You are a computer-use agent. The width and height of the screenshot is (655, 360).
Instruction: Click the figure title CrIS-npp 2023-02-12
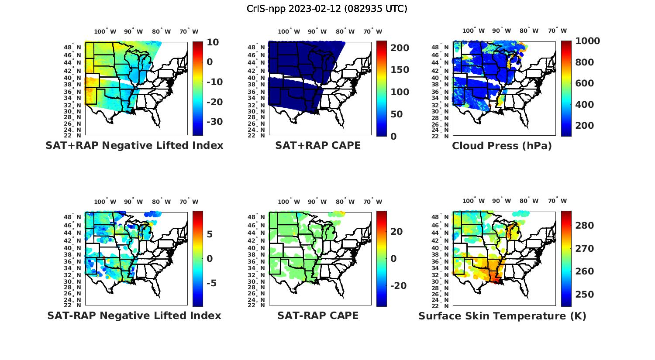click(x=327, y=9)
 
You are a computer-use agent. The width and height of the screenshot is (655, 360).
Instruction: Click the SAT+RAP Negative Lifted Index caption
click(x=134, y=145)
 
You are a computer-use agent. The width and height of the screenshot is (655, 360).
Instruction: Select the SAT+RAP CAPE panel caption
click(x=318, y=145)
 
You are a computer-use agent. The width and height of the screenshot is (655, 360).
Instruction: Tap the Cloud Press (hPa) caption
click(x=502, y=146)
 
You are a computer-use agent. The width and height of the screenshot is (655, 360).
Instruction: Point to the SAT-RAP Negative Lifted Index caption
click(x=134, y=315)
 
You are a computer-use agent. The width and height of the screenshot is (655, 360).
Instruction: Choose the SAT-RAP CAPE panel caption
click(x=318, y=315)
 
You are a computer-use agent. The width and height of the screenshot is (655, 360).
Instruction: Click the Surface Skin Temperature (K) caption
click(x=502, y=316)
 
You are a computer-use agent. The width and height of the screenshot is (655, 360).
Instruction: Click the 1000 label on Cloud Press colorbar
click(x=587, y=41)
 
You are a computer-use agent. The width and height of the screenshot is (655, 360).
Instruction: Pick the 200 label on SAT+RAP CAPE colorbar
click(x=400, y=48)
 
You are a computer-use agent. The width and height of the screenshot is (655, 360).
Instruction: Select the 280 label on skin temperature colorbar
click(x=585, y=226)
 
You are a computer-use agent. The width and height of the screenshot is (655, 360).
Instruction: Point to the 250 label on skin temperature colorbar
click(x=585, y=295)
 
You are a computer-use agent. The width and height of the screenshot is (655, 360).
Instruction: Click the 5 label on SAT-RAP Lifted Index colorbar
click(x=210, y=234)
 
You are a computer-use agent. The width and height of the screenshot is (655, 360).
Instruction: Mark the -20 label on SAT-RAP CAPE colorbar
click(x=398, y=286)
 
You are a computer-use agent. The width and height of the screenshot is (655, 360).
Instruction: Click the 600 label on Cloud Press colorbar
click(x=585, y=83)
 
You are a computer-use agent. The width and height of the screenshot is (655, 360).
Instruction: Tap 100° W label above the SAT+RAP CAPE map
click(x=289, y=31)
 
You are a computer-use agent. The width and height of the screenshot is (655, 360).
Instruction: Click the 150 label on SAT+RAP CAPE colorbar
click(x=400, y=70)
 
